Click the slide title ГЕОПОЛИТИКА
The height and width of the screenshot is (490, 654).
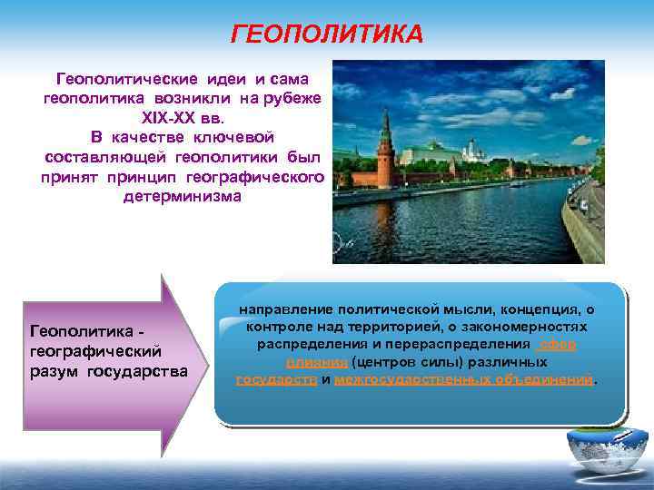tap(327, 35)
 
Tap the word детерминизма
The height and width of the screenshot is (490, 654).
tap(183, 196)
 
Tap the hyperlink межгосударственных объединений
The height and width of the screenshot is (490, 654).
tap(463, 378)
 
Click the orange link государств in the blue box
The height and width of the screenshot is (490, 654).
tap(276, 378)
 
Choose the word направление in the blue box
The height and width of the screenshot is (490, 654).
tap(282, 309)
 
